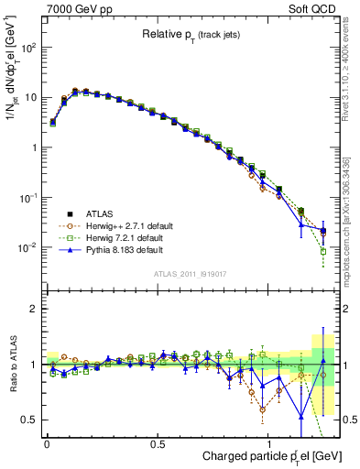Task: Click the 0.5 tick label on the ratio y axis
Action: (29, 420)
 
